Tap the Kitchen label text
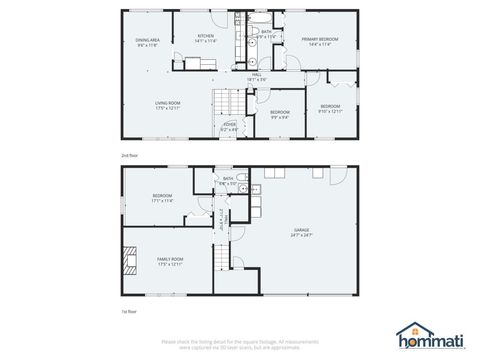(206, 38)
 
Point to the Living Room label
(152, 104)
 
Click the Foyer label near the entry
(230, 126)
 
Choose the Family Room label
(170, 261)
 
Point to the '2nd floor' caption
(128, 156)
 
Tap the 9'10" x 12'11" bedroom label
(330, 108)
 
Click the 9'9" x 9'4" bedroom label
(280, 115)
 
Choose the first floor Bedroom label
(162, 198)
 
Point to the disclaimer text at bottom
(240, 344)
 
